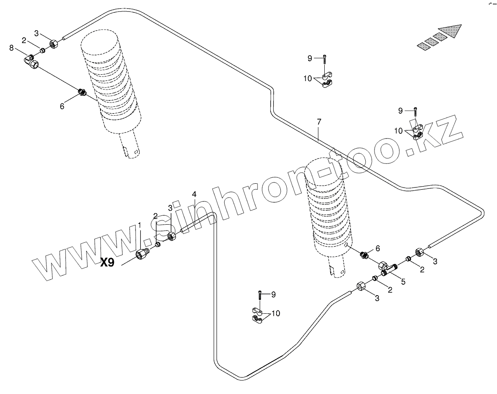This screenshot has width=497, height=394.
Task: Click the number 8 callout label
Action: [11, 48]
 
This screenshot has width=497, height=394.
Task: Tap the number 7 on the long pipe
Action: [319, 122]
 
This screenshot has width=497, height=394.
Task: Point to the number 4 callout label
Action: [194, 194]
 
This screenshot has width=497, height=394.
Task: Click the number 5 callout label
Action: [403, 281]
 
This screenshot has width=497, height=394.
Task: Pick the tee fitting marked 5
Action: [386, 268]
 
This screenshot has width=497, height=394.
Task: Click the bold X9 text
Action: [107, 263]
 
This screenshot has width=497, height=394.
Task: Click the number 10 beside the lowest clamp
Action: [276, 313]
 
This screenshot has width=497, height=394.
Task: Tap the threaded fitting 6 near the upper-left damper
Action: [82, 92]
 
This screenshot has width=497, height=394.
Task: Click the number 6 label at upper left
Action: [62, 106]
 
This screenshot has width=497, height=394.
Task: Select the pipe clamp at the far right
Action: [417, 131]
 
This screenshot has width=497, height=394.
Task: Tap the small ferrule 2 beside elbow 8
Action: [42, 52]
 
